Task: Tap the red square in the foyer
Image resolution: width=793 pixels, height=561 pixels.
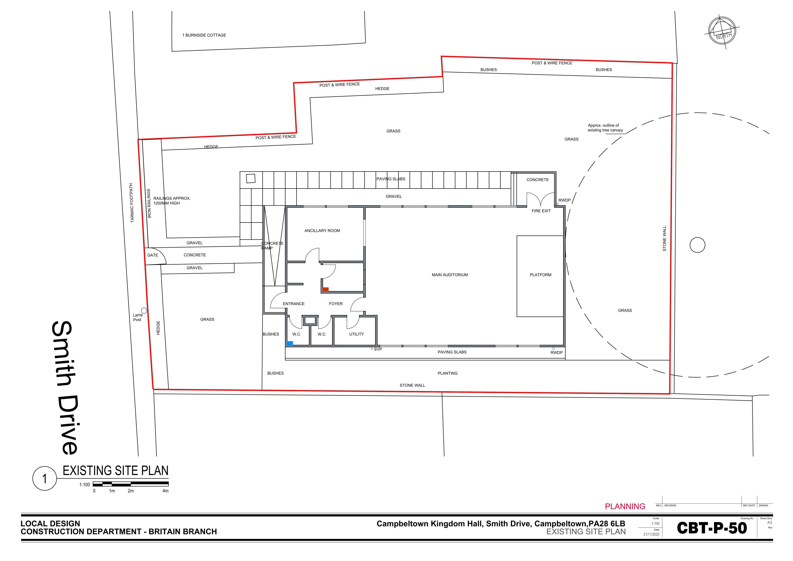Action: [x=325, y=289]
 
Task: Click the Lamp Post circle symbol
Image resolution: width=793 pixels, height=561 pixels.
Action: [x=144, y=310]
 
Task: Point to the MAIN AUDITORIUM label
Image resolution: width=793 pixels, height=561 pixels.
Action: [x=450, y=275]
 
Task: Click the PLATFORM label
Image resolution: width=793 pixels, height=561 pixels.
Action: [x=541, y=275]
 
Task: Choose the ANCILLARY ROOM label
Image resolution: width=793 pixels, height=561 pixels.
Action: [x=322, y=231]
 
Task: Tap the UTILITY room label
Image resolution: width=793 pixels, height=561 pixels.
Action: [x=356, y=334]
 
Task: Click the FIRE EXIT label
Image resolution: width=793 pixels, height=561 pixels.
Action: [x=541, y=211]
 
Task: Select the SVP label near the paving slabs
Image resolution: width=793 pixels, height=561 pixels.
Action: [x=378, y=349]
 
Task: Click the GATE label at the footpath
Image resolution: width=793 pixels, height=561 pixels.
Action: [x=152, y=255]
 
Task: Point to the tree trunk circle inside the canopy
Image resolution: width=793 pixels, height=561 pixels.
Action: [x=697, y=245]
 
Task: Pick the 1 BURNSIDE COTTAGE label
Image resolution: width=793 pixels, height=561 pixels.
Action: [x=204, y=35]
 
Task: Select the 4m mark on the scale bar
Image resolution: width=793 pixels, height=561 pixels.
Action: [x=166, y=491]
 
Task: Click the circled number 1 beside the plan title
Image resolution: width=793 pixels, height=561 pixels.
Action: [x=45, y=479]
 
